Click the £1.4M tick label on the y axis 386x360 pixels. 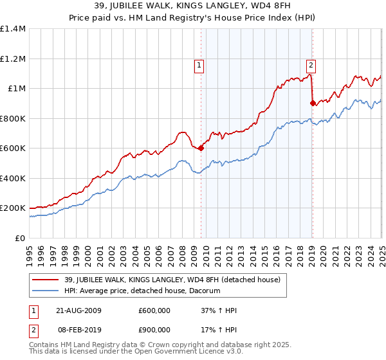pyautogui.click(x=12, y=29)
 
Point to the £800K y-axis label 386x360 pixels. pyautogui.click(x=12, y=118)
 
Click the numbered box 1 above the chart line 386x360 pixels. pyautogui.click(x=199, y=65)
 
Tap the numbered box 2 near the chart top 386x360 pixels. pyautogui.click(x=311, y=65)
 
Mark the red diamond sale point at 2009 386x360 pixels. pyautogui.click(x=201, y=148)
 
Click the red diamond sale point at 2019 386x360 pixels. pyautogui.click(x=312, y=103)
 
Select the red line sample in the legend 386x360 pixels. pyautogui.click(x=46, y=280)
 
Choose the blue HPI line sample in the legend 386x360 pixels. pyautogui.click(x=46, y=291)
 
